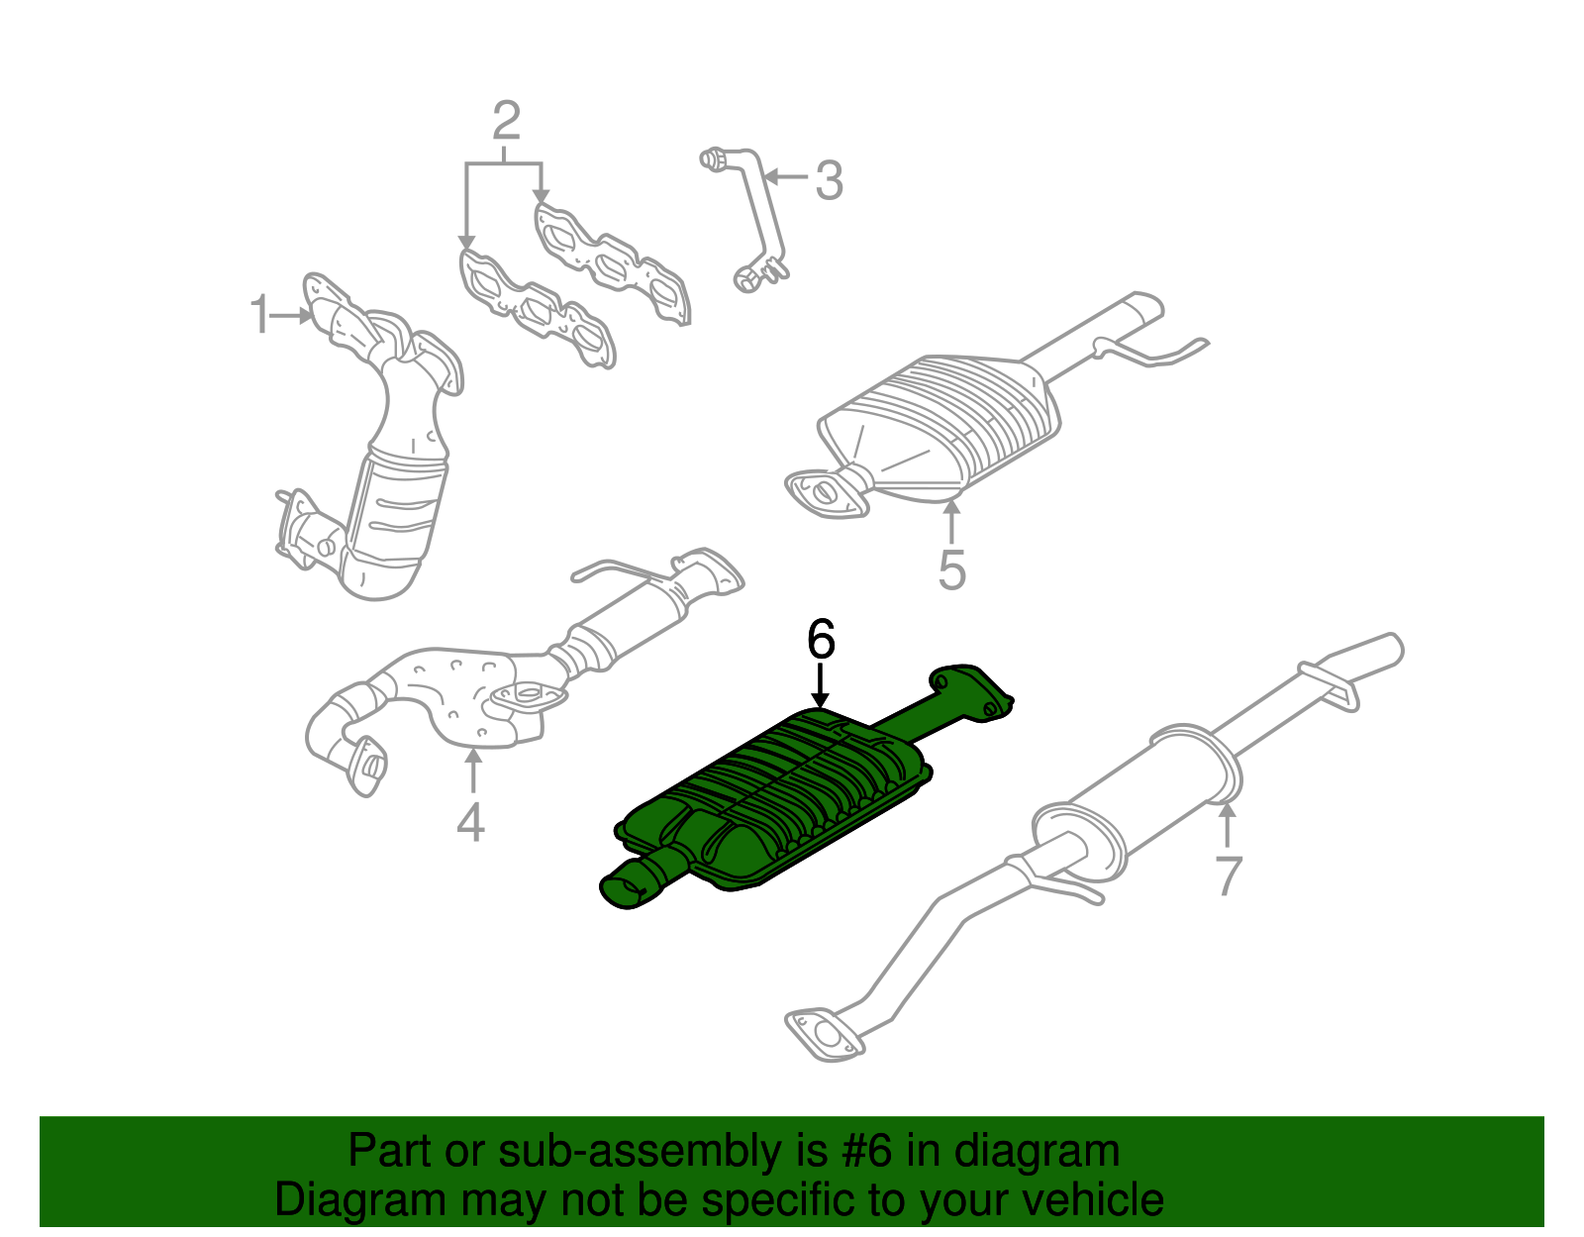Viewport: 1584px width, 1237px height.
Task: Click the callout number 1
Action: (x=259, y=315)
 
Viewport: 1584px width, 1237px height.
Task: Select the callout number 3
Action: (x=829, y=180)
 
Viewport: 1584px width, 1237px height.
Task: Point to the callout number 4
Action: (x=471, y=821)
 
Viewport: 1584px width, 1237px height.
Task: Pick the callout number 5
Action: (x=952, y=570)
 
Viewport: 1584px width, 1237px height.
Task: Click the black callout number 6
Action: (x=821, y=639)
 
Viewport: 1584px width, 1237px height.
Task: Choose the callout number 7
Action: (x=1229, y=876)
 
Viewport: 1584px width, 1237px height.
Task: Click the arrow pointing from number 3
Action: (x=786, y=176)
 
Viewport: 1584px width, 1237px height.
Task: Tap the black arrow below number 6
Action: (x=821, y=685)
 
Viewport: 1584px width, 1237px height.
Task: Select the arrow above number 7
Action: (x=1228, y=824)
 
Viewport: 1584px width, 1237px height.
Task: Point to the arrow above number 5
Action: (x=951, y=520)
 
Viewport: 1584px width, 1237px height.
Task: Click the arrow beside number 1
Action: (x=291, y=316)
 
